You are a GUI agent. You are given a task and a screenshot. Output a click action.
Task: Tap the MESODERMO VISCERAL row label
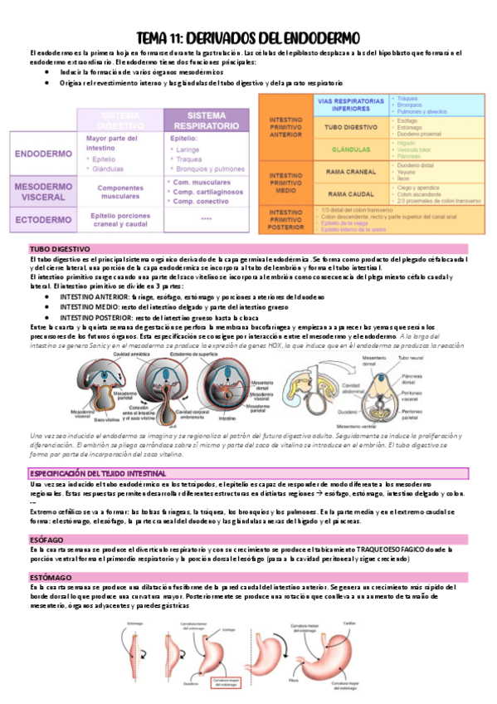click(x=46, y=193)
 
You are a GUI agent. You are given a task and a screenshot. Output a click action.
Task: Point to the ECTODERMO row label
click(x=46, y=221)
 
